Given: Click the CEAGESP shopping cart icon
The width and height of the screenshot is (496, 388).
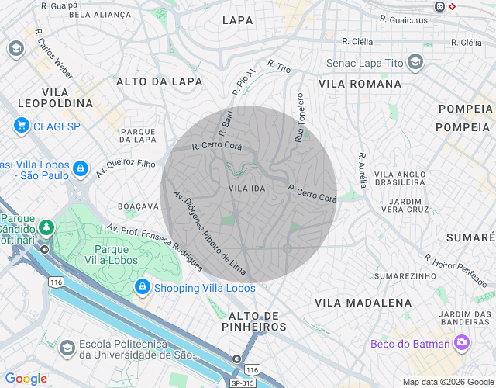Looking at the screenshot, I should (21, 126).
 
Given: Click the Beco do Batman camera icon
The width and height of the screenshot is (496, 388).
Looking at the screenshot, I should (462, 342).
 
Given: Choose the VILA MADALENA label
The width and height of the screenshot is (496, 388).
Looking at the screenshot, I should (363, 302).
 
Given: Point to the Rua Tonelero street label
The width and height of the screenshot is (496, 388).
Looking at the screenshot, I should (299, 118).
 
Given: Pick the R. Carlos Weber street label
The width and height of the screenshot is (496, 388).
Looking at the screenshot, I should (53, 54).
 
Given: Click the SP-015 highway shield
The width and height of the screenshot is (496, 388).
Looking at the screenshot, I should (243, 383).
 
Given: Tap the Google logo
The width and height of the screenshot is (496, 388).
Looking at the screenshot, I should (26, 379).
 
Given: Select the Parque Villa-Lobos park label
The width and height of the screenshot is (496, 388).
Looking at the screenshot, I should (116, 255).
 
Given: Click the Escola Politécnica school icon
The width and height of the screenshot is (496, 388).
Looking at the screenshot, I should (67, 347).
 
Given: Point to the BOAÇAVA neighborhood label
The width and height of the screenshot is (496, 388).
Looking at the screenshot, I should (138, 206).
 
